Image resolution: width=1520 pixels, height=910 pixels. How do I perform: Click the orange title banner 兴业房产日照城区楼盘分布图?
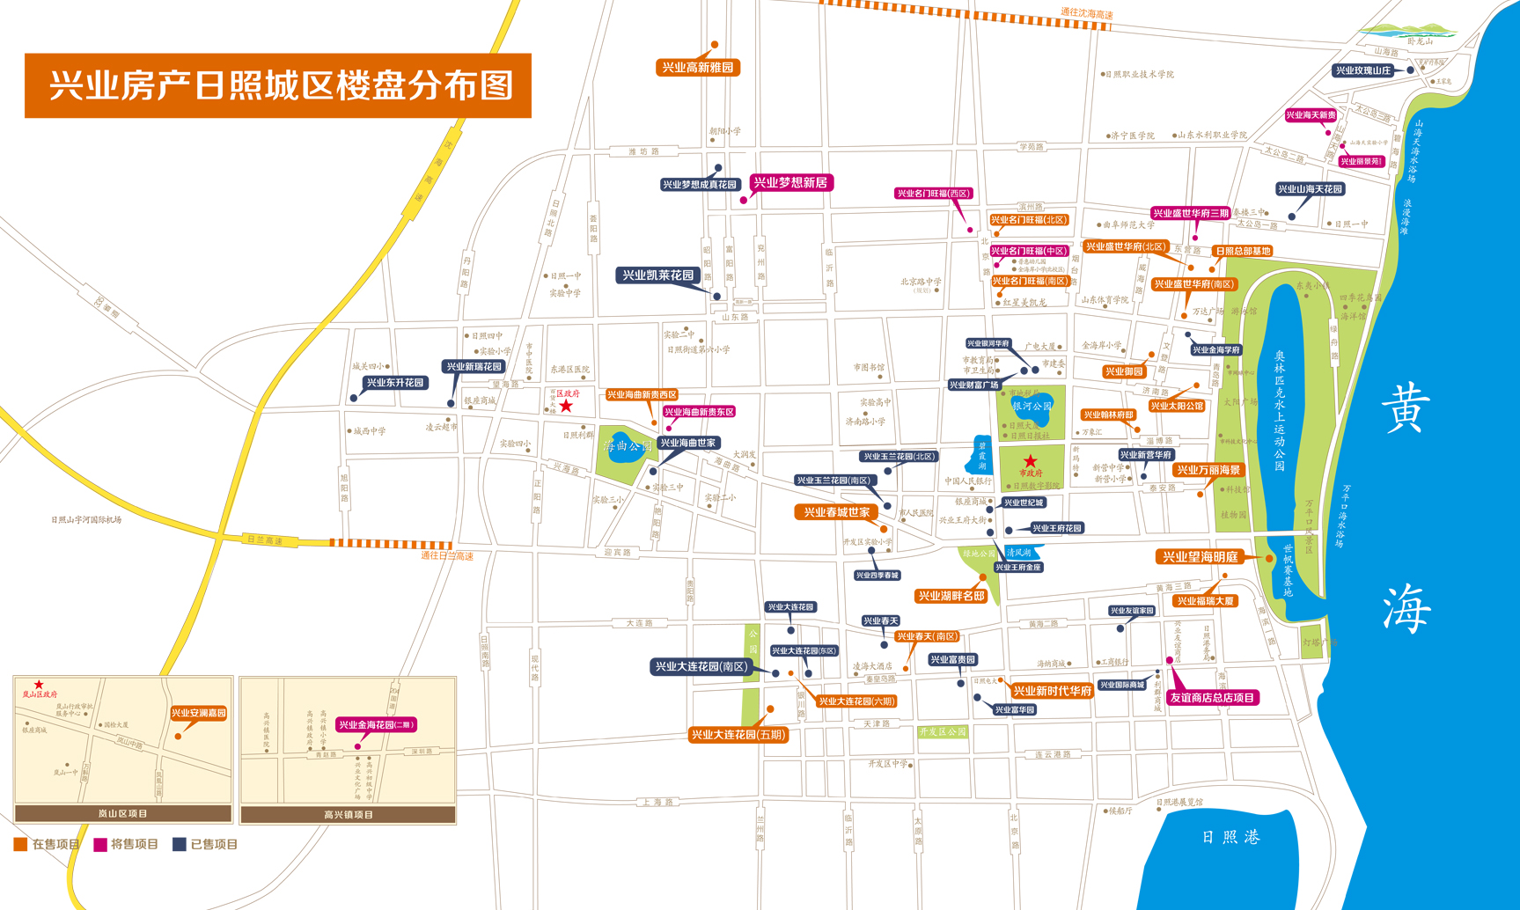point(278,85)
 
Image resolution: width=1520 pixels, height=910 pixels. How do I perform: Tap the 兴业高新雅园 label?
point(697,68)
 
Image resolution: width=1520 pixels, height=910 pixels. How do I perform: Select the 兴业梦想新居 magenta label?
point(790,183)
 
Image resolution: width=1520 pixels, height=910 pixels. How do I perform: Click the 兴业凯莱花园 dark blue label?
point(658,275)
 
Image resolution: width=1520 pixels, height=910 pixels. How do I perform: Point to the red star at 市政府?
point(1030,461)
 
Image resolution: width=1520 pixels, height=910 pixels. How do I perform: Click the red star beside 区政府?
point(566,406)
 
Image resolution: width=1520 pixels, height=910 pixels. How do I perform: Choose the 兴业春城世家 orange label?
point(836,512)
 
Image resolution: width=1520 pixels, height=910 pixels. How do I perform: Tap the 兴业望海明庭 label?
point(1200,557)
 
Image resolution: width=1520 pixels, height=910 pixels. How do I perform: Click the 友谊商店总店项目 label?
point(1211,698)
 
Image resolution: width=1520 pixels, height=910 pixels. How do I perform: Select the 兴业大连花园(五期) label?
point(738,735)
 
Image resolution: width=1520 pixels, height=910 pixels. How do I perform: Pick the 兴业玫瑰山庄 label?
point(1363,70)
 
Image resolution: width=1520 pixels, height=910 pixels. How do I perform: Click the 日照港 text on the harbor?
point(1230,837)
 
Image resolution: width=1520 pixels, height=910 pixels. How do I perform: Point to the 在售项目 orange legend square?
point(20,844)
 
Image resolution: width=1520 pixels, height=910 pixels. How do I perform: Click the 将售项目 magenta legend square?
point(100,844)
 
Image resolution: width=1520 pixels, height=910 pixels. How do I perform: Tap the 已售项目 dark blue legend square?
point(179,844)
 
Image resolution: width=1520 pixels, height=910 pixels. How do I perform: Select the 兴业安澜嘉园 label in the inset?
point(198,713)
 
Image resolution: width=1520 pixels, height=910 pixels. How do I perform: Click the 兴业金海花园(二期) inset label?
point(376,725)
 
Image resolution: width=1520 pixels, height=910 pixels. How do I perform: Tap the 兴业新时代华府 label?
point(1052,692)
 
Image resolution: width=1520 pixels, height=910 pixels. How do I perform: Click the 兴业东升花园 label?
point(395,383)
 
